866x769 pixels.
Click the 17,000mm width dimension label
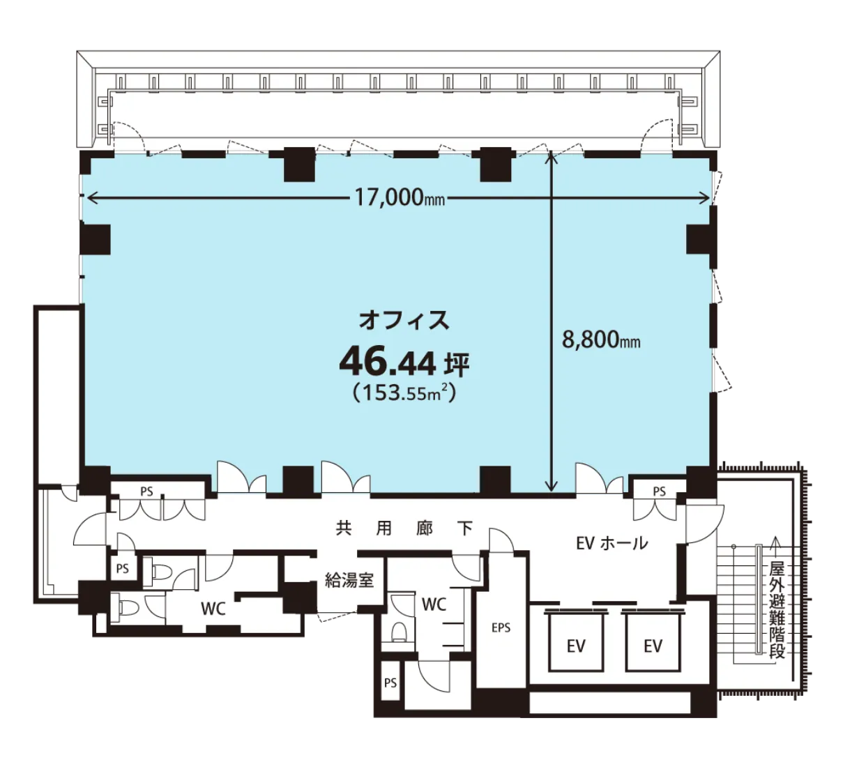[x=400, y=198]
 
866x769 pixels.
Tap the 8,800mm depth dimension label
[x=600, y=340]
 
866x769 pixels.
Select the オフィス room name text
[x=404, y=320]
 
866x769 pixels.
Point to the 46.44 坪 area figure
[x=404, y=363]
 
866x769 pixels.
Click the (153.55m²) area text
[x=404, y=392]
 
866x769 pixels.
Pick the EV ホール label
[x=611, y=543]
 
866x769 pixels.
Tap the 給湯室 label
[x=349, y=580]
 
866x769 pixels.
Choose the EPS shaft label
[x=501, y=627]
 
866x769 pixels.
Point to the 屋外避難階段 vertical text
[x=777, y=611]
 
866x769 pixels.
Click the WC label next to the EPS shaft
[x=434, y=604]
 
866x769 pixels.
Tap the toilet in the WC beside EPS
[x=399, y=632]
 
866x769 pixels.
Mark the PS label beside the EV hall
[x=659, y=492]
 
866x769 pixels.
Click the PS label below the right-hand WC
[x=390, y=683]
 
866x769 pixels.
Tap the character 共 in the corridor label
[x=343, y=528]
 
